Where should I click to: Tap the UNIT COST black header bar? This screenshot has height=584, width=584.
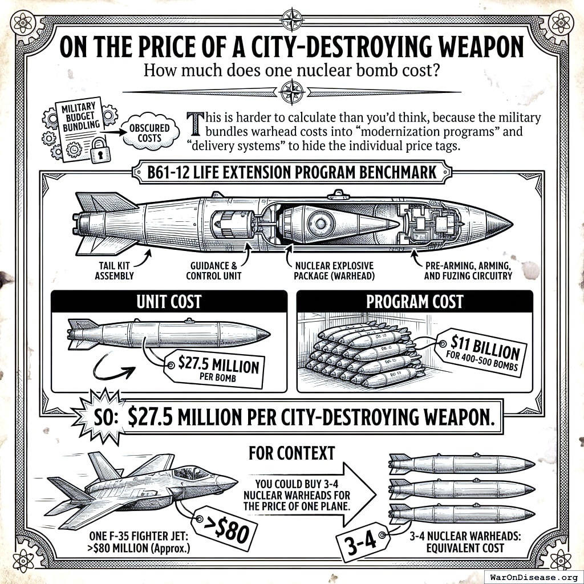169,301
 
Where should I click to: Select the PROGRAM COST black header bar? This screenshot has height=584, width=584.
415,301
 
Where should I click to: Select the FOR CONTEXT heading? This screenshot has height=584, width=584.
291,453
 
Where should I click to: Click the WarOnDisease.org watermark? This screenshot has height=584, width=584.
533,575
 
